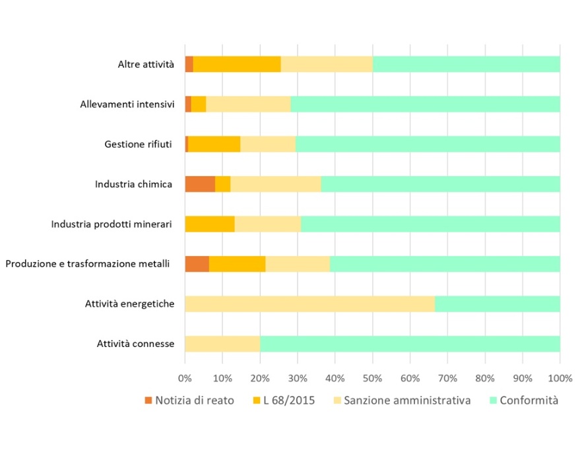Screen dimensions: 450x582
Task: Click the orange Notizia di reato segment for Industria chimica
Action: pos(200,184)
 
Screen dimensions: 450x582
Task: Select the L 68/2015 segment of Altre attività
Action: pos(237,64)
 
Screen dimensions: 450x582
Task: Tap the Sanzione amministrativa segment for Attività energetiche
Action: pos(309,304)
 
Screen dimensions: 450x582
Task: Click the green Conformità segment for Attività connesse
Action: pos(410,344)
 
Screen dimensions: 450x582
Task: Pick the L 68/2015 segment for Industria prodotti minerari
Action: pos(210,224)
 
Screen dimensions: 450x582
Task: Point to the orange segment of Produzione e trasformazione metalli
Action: pos(197,264)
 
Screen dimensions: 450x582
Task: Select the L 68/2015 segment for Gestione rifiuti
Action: pos(214,144)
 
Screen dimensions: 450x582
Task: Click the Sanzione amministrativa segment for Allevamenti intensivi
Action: pos(248,104)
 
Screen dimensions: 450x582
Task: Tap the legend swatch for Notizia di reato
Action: pos(148,401)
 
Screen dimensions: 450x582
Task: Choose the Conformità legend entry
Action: pos(529,401)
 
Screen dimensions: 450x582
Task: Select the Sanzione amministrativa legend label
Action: pos(410,401)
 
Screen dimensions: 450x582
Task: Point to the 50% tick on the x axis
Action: pos(373,378)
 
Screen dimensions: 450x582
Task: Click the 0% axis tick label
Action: pos(185,378)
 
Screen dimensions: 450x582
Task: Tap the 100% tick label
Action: pos(560,378)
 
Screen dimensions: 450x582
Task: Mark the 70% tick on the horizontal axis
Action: pos(447,378)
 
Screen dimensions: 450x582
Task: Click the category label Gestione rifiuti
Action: pos(138,144)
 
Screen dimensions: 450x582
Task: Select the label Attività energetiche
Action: pos(129,304)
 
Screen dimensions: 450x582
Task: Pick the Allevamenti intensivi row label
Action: pos(127,104)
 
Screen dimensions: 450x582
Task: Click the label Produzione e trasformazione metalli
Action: pos(88,264)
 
